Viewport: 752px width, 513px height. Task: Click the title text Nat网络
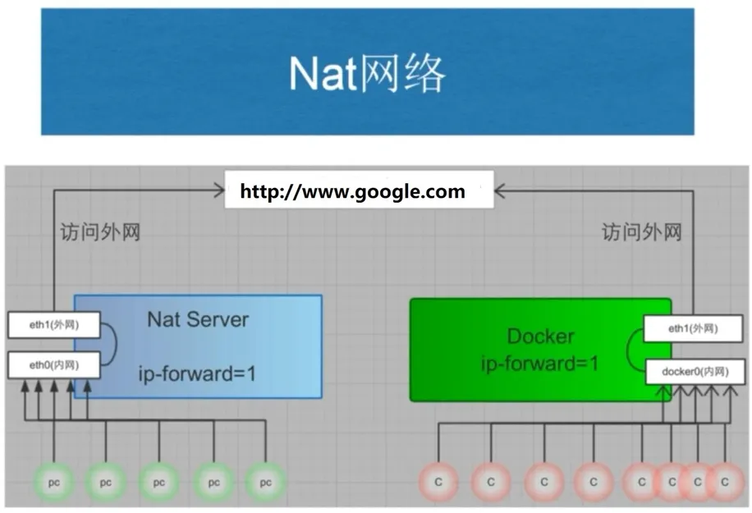point(367,73)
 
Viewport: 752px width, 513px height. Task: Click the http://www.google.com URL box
point(360,190)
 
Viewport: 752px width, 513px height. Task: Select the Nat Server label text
point(198,319)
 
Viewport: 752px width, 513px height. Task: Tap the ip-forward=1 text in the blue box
point(197,373)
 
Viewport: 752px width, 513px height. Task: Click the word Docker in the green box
point(540,336)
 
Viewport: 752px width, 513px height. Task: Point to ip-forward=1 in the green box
point(540,363)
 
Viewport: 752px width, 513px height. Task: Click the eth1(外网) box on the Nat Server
point(53,325)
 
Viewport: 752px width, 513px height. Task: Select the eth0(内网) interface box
point(53,365)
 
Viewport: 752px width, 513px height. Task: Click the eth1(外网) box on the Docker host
point(693,329)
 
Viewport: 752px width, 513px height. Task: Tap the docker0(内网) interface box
point(695,372)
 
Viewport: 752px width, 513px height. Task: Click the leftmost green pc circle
point(54,483)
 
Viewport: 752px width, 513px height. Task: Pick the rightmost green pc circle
point(265,483)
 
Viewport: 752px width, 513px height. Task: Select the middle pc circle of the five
point(158,483)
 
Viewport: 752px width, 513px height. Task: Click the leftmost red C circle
point(438,482)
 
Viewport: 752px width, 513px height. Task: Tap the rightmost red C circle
point(725,482)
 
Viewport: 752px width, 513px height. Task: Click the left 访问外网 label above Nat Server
point(100,232)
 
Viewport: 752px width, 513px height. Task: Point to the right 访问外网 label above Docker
point(642,232)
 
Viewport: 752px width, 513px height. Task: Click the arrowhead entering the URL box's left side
point(219,190)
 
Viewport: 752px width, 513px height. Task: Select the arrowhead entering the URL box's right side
point(500,191)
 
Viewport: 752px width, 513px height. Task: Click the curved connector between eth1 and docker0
point(628,350)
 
